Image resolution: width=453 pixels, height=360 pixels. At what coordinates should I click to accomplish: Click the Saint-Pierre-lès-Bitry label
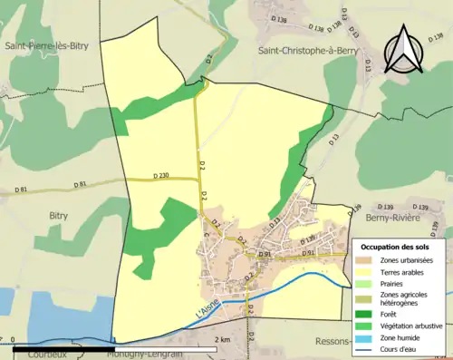48,44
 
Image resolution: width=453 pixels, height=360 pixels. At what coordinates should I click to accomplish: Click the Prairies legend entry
394,283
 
